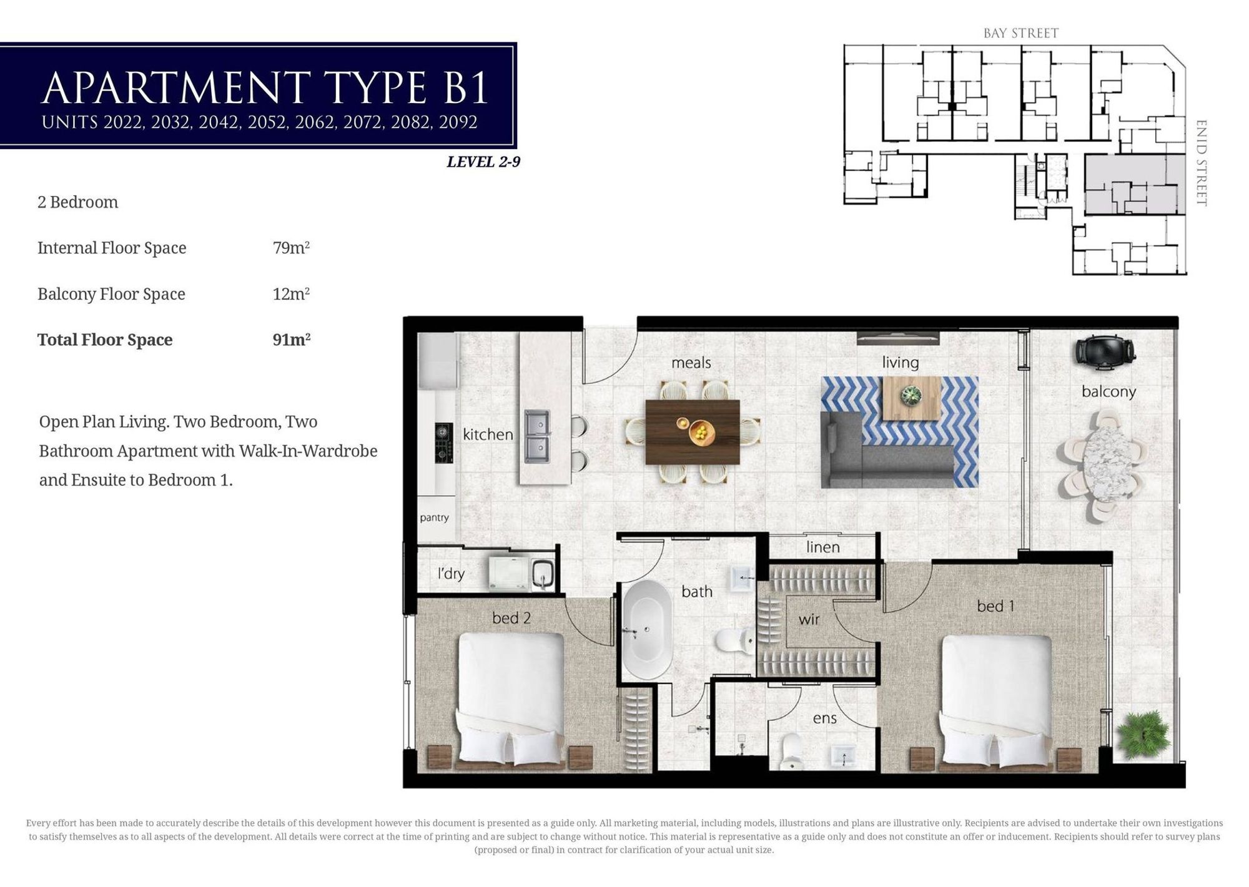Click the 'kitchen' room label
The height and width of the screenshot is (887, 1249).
[488, 434]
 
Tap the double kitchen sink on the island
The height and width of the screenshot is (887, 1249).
[537, 436]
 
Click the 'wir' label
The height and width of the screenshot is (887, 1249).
[809, 619]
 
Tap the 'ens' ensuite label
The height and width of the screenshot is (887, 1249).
[824, 718]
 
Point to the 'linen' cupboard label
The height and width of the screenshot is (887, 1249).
[822, 547]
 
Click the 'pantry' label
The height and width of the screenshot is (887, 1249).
[434, 518]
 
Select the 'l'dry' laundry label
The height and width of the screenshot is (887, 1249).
[450, 573]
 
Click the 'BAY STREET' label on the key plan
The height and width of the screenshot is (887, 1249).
[1021, 33]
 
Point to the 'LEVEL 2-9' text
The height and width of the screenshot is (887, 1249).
[483, 162]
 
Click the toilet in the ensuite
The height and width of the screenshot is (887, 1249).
[791, 751]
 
